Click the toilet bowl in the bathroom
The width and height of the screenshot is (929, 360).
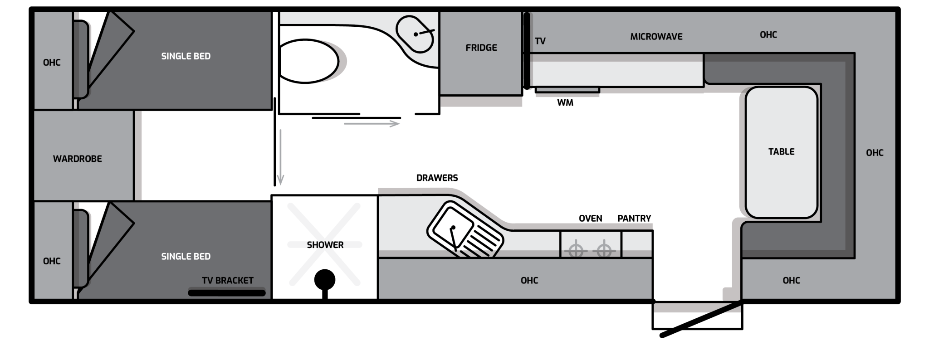pyautogui.click(x=308, y=61)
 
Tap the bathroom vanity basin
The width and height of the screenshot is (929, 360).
pyautogui.click(x=415, y=34)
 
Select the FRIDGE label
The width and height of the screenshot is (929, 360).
pyautogui.click(x=481, y=48)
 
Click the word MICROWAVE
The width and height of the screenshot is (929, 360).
pyautogui.click(x=656, y=37)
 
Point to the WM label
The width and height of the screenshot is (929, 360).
pyautogui.click(x=565, y=103)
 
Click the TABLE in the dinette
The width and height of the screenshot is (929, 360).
pyautogui.click(x=781, y=152)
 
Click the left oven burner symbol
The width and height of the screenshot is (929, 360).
pyautogui.click(x=576, y=250)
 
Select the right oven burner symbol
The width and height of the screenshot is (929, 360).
pyautogui.click(x=604, y=250)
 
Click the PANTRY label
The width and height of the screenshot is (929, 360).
pyautogui.click(x=634, y=219)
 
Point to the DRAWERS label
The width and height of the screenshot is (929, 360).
pyautogui.click(x=437, y=178)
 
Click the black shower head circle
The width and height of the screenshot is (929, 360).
pyautogui.click(x=325, y=279)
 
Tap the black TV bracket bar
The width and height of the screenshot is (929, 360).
pyautogui.click(x=227, y=293)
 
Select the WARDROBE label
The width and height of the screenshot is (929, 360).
pyautogui.click(x=78, y=159)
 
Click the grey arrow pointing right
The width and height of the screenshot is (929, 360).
pyautogui.click(x=372, y=123)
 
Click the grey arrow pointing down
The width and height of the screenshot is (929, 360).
pyautogui.click(x=280, y=157)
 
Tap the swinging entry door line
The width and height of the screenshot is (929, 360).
pyautogui.click(x=701, y=319)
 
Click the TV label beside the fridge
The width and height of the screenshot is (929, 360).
pyautogui.click(x=540, y=41)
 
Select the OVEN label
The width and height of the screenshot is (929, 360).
pyautogui.click(x=591, y=219)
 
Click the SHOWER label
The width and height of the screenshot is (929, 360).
pyautogui.click(x=325, y=245)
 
